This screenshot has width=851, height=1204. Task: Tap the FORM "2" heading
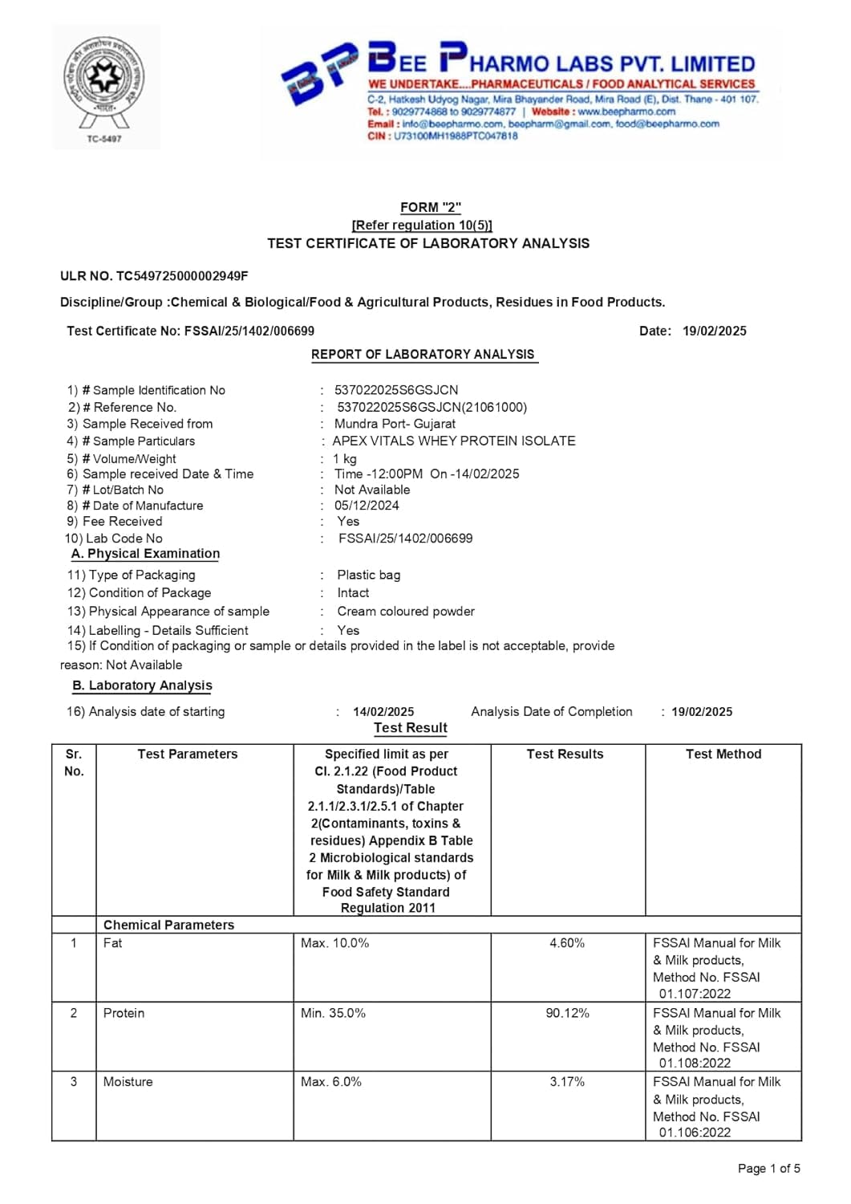point(431,207)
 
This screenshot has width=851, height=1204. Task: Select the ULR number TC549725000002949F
point(182,276)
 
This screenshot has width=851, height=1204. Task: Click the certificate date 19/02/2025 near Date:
point(714,331)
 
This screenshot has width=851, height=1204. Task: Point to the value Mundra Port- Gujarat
point(395,424)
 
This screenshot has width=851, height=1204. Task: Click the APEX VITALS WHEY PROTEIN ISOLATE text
point(454,441)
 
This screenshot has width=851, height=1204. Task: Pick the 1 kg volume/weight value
point(345,459)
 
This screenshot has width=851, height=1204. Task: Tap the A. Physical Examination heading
point(145,554)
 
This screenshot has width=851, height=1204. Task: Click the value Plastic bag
point(368,575)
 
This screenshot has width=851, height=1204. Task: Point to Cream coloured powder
point(406,612)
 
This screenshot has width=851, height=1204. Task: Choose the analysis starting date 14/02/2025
point(383,712)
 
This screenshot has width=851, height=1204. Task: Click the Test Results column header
point(565,754)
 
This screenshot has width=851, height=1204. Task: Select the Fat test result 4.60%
point(567,943)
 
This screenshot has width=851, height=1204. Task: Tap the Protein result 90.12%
point(567,1013)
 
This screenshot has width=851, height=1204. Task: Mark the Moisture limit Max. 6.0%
point(331,1082)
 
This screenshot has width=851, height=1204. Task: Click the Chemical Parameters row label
point(168,925)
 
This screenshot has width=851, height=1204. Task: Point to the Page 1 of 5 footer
point(768,1169)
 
